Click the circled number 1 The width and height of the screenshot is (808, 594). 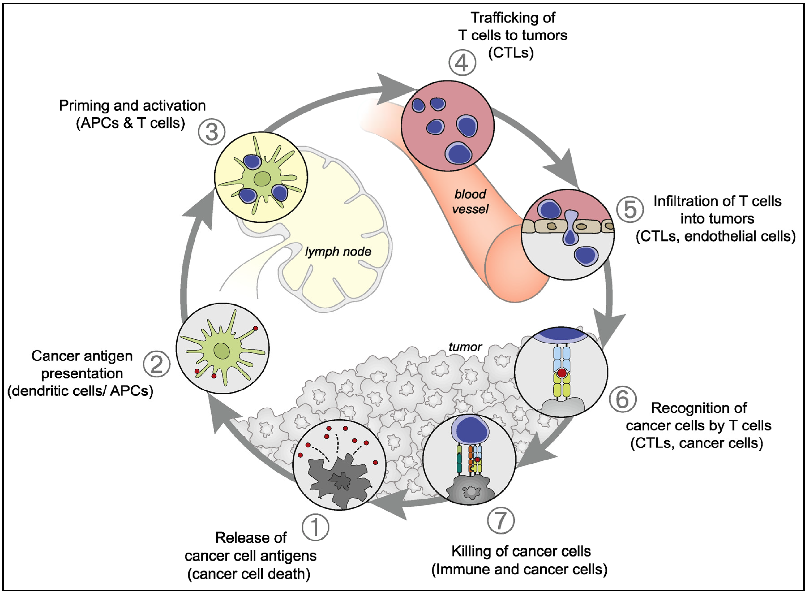pos(315,527)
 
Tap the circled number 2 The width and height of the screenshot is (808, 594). pos(156,364)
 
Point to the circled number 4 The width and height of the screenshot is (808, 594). pos(462,63)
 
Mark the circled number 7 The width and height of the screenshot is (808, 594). pos(501,520)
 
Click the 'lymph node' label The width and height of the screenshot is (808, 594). pos(338,251)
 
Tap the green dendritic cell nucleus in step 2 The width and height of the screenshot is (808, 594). pos(222,351)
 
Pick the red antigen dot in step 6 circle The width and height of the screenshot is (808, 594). pos(562,373)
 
